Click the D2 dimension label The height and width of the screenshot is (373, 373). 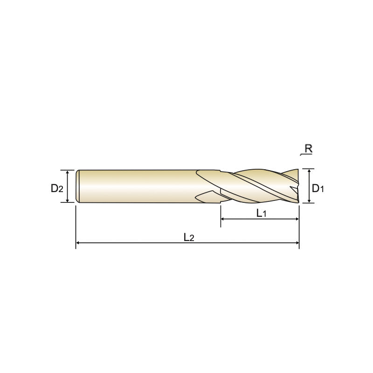[57, 188]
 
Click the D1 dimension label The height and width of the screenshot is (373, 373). [318, 188]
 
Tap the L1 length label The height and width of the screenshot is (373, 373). [261, 213]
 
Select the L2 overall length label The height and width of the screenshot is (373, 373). [189, 237]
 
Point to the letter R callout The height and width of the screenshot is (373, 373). [308, 149]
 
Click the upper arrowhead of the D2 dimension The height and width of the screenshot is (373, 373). [68, 172]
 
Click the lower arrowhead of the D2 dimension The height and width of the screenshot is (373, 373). [68, 200]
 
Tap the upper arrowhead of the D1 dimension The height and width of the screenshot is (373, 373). [309, 171]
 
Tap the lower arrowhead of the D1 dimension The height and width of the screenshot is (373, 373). [309, 201]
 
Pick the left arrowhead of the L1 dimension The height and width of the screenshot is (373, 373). [223, 219]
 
